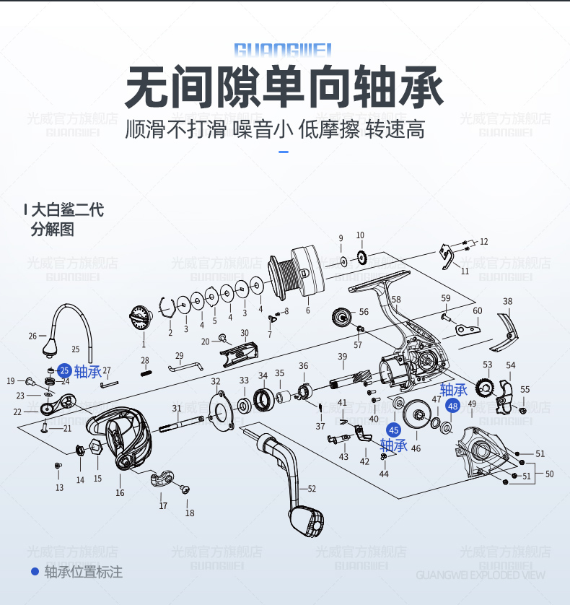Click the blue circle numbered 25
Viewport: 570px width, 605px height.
click(x=64, y=370)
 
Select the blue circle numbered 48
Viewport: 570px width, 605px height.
click(x=452, y=406)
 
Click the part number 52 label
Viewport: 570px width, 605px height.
click(x=312, y=489)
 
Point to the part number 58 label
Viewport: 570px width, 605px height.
click(x=395, y=300)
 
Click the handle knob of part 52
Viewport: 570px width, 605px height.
click(x=307, y=521)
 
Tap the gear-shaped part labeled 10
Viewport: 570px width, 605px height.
click(x=361, y=256)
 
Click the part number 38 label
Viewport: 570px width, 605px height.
click(x=508, y=302)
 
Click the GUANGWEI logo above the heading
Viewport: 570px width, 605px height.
click(x=283, y=49)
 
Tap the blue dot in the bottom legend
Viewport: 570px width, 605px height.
click(x=34, y=572)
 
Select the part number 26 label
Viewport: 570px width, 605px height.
click(x=32, y=336)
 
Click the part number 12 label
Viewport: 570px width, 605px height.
click(x=483, y=242)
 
